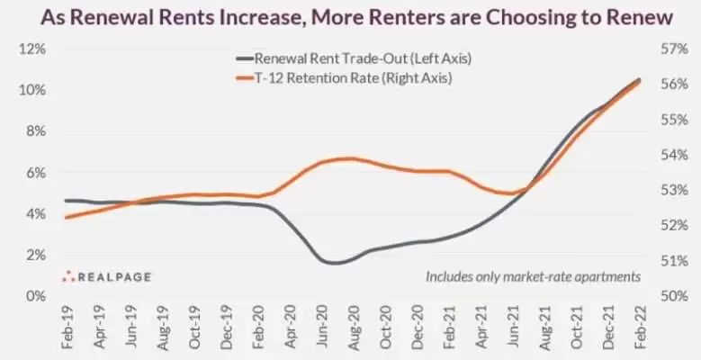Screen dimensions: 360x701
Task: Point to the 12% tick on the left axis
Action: point(32,49)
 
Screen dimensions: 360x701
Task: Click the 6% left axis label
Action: point(35,172)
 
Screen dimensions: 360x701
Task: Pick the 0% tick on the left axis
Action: point(35,295)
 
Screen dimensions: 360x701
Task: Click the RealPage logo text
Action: point(112,277)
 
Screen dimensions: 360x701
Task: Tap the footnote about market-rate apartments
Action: point(533,276)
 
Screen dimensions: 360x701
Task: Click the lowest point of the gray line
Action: point(334,263)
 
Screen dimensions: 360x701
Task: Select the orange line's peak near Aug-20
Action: point(349,158)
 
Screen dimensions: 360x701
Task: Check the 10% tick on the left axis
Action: point(32,90)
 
